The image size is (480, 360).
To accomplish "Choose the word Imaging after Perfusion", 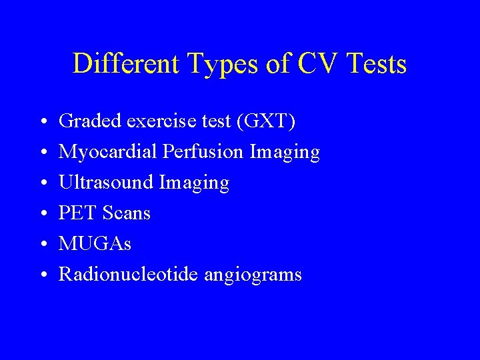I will point(285,153).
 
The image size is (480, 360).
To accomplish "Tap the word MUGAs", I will point(95,244).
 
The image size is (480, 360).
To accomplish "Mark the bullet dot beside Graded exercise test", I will point(42,123).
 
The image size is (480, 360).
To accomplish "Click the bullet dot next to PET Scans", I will point(42,215).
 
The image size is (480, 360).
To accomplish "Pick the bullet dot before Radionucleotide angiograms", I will point(42,275).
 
